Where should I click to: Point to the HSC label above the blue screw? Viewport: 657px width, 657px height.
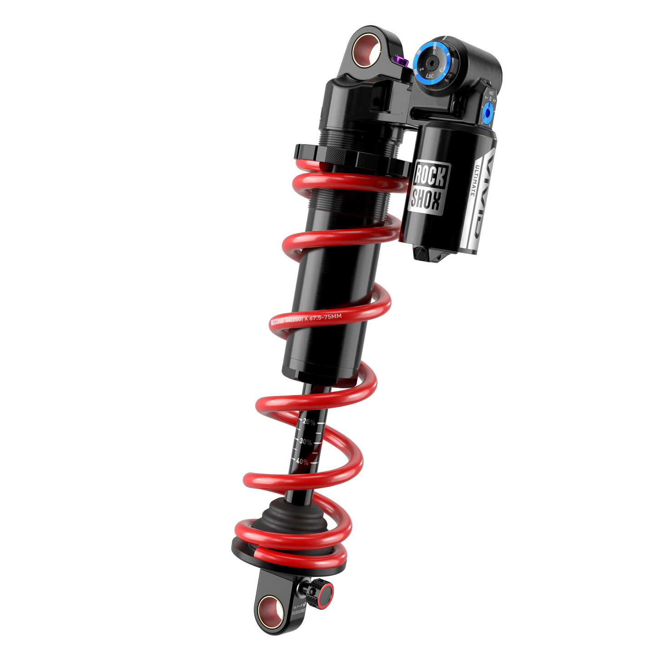pos(491,92)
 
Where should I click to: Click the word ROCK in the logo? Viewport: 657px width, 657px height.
pos(429,176)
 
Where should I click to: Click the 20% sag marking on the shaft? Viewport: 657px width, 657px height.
pos(309,422)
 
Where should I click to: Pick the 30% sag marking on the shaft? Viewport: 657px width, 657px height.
pos(306,441)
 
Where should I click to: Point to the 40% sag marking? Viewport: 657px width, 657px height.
pos(302,461)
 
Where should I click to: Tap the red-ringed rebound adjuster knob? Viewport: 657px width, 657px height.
pos(326,595)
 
